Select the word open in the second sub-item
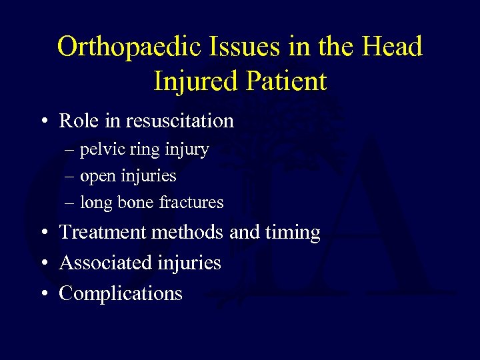[x=98, y=177]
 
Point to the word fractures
[x=191, y=202]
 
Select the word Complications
[x=121, y=293]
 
